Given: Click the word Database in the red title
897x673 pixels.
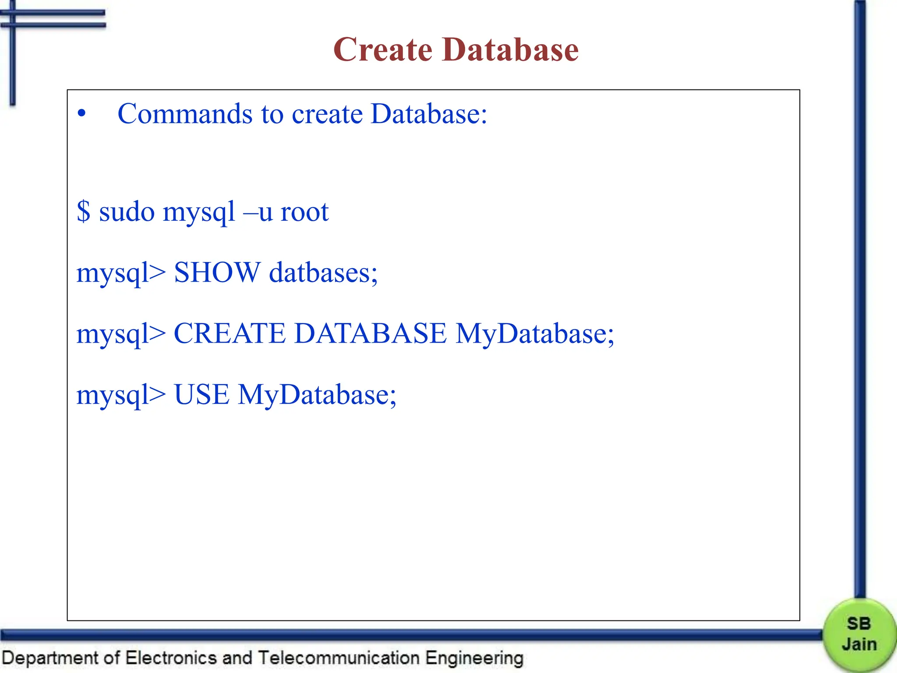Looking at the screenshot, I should (x=510, y=50).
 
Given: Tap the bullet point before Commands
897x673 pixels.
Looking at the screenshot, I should (x=81, y=114).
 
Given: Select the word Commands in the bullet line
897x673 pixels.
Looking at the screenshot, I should (x=185, y=114).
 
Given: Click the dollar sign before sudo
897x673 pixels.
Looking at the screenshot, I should (x=83, y=212).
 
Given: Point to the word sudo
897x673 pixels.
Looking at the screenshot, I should (x=127, y=213).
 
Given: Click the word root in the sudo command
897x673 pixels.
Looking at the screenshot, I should (x=304, y=213).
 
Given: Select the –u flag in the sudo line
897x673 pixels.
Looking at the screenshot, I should (x=258, y=213).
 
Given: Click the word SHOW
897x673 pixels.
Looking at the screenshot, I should (x=217, y=273).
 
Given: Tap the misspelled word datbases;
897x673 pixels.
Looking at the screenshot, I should (x=323, y=273).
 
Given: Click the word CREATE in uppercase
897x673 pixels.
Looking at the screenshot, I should (x=230, y=333).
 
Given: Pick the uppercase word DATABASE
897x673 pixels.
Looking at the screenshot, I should (x=371, y=333).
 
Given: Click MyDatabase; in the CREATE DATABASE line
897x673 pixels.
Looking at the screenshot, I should (x=535, y=333).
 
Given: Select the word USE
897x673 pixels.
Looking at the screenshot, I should (x=201, y=394).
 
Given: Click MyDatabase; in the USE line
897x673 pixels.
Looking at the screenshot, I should (x=317, y=394).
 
